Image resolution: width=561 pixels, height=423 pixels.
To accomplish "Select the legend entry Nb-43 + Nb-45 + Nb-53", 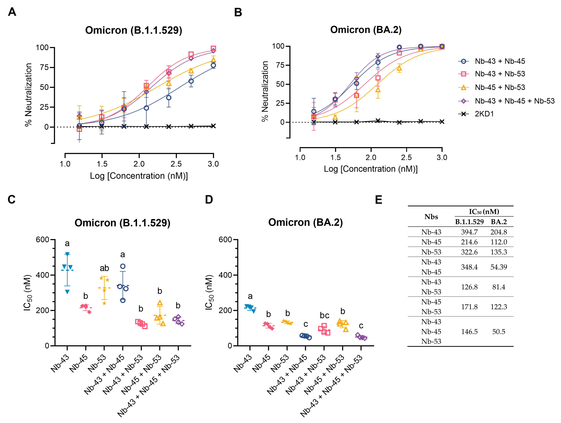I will click(x=514, y=101).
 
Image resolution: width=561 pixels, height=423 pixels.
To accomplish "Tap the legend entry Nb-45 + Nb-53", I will click(x=500, y=87).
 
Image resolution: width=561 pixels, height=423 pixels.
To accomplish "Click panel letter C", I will click(x=12, y=200).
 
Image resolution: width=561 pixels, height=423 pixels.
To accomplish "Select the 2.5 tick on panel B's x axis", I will click(x=406, y=157).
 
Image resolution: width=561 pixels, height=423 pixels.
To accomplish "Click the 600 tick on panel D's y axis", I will click(x=225, y=240).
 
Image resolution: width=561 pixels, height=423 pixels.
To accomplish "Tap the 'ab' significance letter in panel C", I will click(x=104, y=268).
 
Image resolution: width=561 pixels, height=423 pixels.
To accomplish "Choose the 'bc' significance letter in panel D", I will click(x=324, y=315).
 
